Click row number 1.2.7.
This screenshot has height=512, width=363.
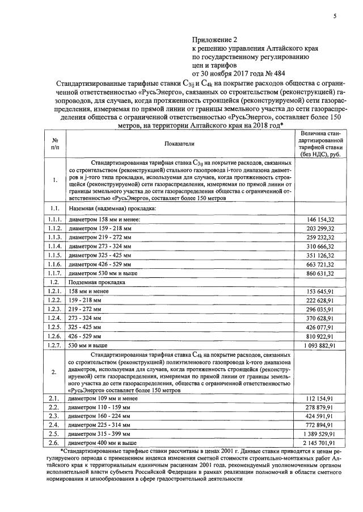(56, 344)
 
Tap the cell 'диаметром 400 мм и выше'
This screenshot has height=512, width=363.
(102, 442)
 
